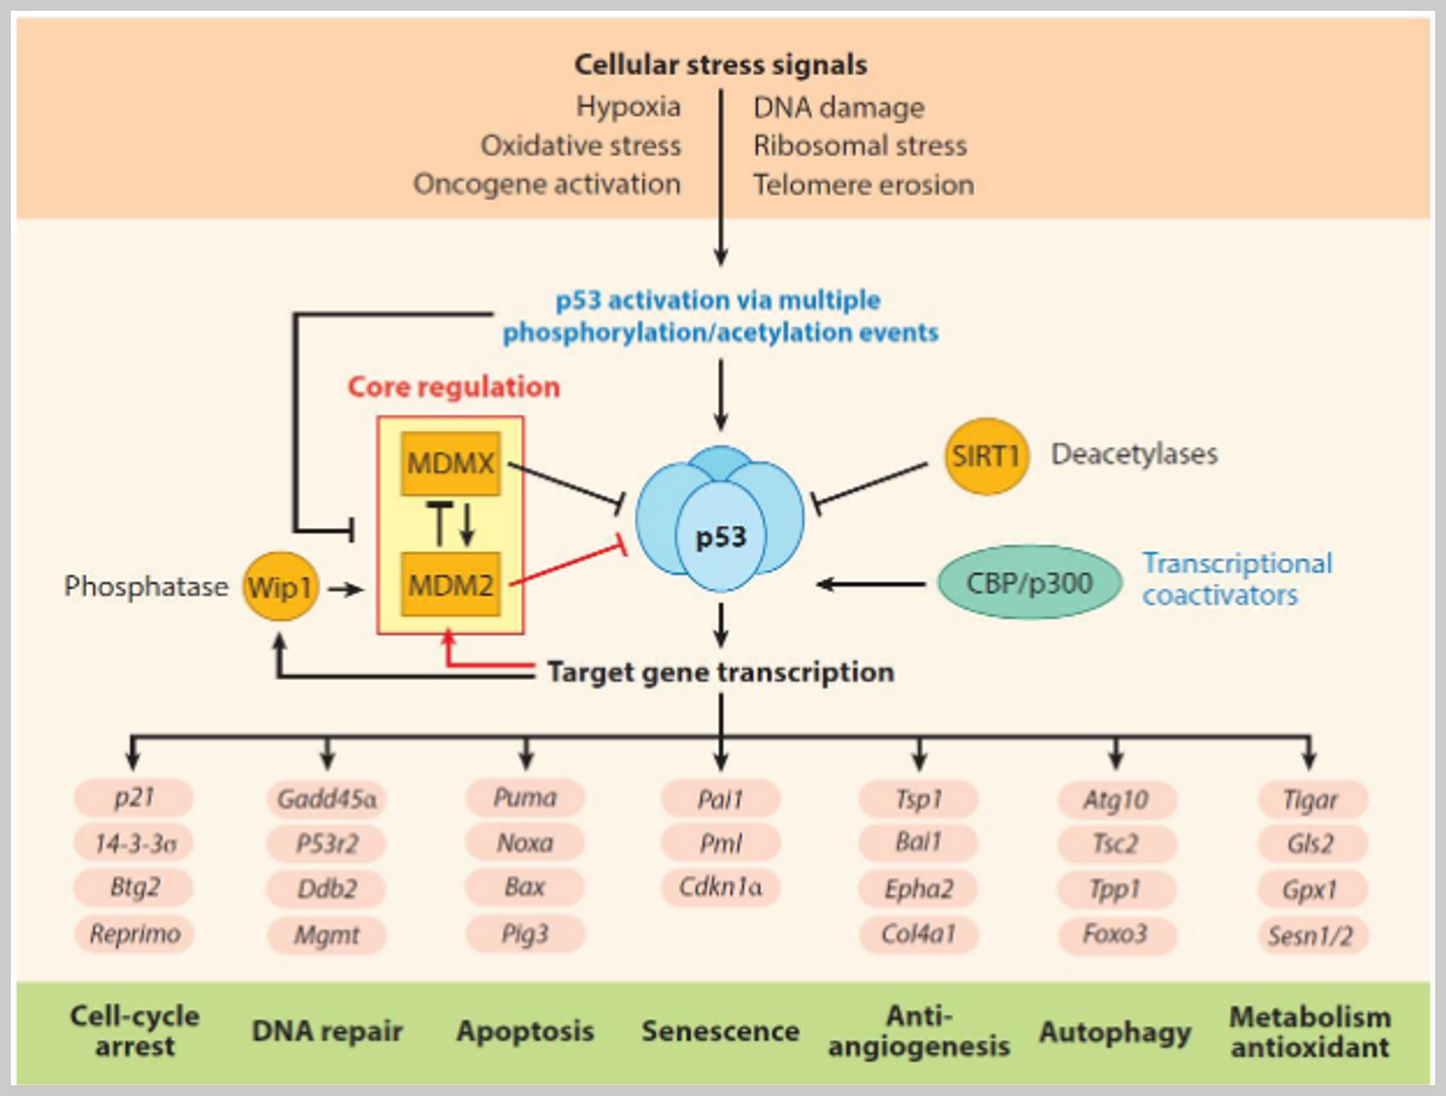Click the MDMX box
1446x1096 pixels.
pos(450,463)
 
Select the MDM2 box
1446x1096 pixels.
pos(450,584)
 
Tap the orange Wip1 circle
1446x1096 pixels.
pos(281,586)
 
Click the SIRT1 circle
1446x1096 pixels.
pos(985,456)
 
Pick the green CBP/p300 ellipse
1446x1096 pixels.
pos(1030,582)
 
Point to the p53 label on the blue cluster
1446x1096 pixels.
pos(720,537)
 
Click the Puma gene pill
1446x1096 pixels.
pos(525,798)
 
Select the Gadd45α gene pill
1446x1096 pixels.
pos(326,799)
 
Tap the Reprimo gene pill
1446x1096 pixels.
pos(134,934)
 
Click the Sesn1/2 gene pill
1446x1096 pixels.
pos(1311,936)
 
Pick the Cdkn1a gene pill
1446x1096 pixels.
pos(720,887)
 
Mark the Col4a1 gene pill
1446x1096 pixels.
pos(918,934)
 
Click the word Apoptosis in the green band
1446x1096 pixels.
pos(525,1031)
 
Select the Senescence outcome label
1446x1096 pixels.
pos(720,1031)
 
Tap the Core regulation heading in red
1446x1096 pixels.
pos(454,387)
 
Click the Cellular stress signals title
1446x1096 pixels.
pos(721,65)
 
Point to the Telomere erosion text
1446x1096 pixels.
pos(863,185)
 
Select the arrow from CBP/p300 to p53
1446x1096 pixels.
pos(871,583)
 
